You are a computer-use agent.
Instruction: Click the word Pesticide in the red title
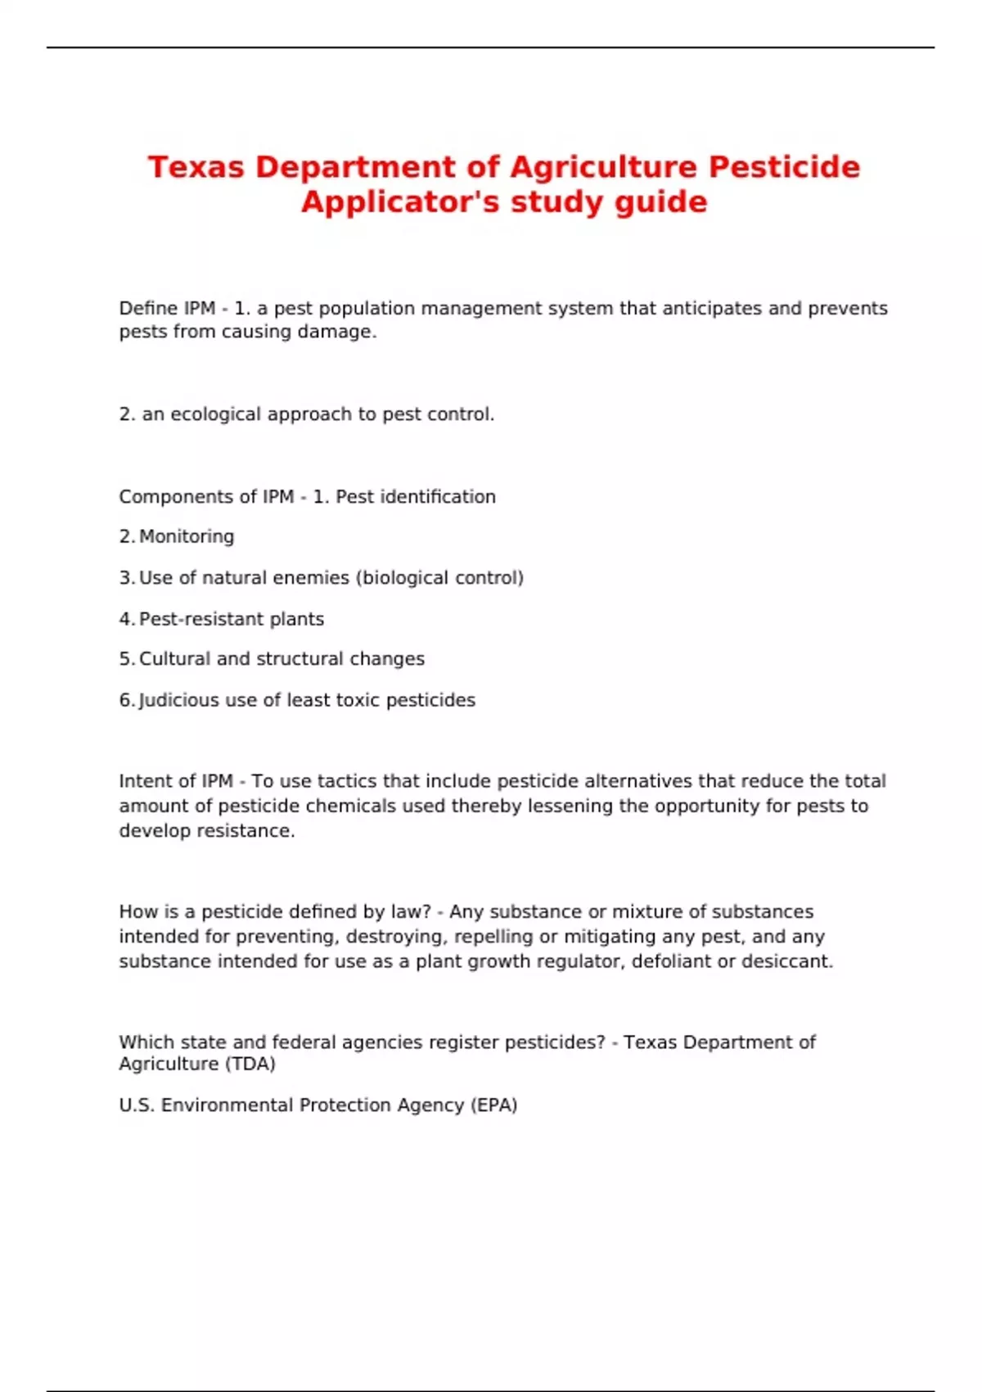point(784,167)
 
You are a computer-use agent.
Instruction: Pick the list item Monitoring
point(187,537)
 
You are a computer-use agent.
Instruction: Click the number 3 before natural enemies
point(124,578)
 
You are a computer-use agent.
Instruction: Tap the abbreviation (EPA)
point(493,1105)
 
